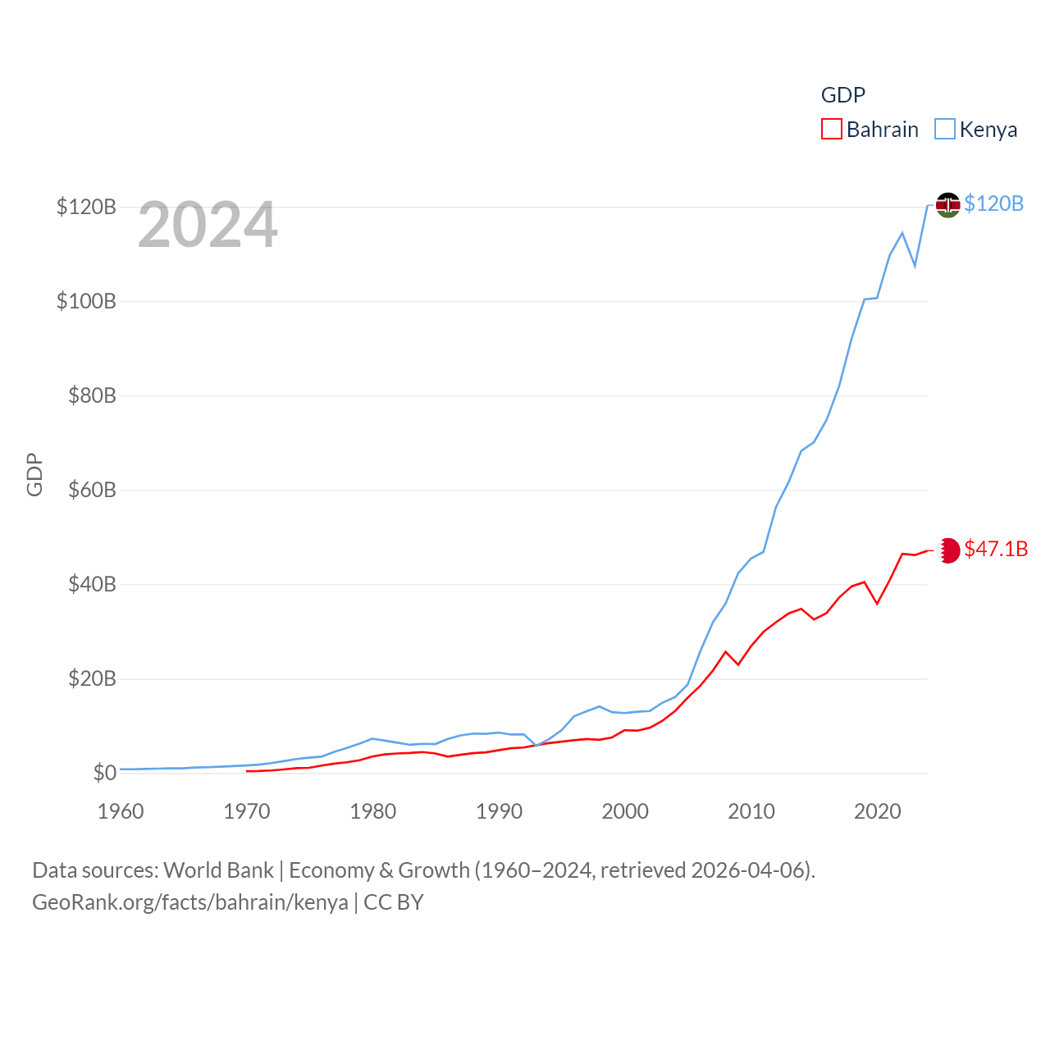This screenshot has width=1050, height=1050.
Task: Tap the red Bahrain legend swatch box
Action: pos(832,130)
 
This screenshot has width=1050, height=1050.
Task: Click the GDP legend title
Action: pos(843,95)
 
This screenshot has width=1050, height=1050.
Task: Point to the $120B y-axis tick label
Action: pos(86,207)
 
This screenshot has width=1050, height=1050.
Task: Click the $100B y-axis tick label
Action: pos(86,301)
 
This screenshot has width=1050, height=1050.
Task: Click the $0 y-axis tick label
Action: pos(104,773)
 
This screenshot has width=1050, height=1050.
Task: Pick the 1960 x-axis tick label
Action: pos(121,811)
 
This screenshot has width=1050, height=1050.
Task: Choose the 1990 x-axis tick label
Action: pos(499,811)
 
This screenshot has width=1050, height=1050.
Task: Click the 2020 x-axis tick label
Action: pos(877,811)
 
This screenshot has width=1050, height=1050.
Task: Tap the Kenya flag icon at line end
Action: pos(947,204)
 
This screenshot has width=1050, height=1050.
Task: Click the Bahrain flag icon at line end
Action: pos(948,550)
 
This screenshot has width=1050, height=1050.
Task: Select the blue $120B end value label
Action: pos(993,203)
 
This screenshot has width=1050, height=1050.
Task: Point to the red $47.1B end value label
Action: pos(996,549)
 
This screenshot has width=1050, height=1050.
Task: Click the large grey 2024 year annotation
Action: pos(208,225)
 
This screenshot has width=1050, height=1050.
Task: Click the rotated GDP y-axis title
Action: pos(34,474)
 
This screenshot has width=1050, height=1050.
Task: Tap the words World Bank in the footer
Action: pos(218,870)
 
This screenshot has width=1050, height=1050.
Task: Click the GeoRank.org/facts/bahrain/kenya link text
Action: pos(190,902)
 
